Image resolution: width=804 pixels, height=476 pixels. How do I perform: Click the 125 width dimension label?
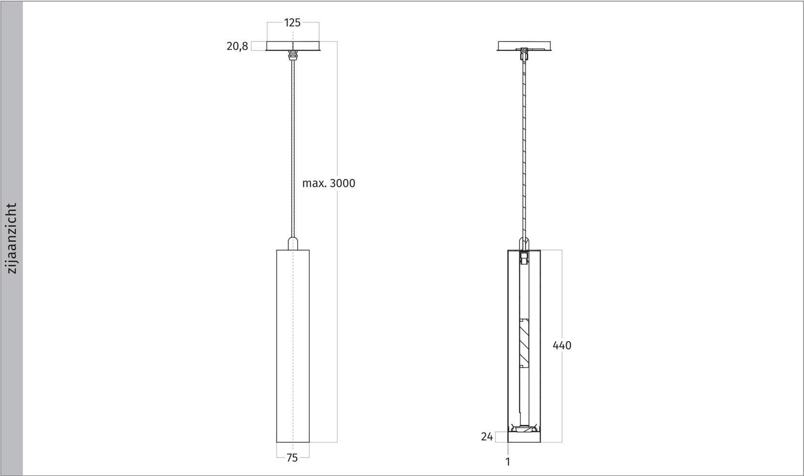coord(292,23)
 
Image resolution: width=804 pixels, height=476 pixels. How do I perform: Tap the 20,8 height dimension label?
coord(237,46)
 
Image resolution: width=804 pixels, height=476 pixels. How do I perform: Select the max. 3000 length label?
coord(328,183)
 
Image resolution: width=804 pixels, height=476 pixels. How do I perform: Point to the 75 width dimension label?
coord(292,458)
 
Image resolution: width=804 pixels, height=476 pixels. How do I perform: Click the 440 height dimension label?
coord(561,345)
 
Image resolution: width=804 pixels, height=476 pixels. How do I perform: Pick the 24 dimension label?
coord(486,436)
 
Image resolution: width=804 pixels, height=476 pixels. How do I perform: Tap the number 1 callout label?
coord(508,461)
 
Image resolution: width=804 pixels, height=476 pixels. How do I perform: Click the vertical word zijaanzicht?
coord(12,238)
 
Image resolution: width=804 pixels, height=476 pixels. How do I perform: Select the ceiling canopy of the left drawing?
coord(293,46)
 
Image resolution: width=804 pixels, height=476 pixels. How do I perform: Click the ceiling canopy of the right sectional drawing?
coord(524,46)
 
